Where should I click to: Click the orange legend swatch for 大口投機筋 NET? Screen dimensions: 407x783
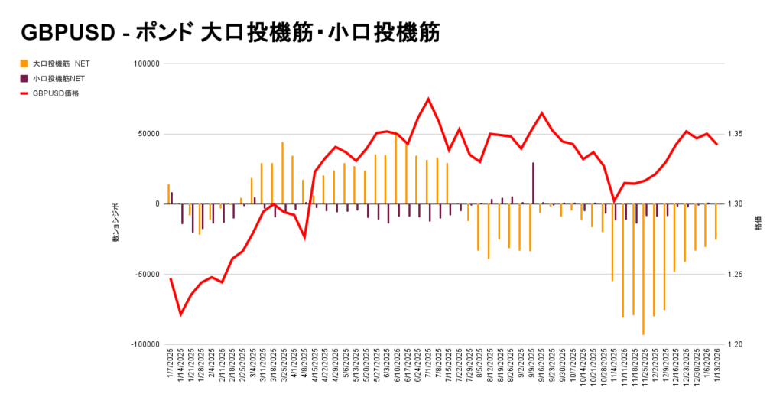pyautogui.click(x=24, y=63)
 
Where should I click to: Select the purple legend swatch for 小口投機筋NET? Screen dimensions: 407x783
pyautogui.click(x=24, y=78)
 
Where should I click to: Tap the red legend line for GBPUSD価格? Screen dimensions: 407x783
pyautogui.click(x=24, y=93)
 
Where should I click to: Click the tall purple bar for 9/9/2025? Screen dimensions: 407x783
pyautogui.click(x=533, y=183)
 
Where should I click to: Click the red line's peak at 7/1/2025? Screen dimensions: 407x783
pyautogui.click(x=428, y=99)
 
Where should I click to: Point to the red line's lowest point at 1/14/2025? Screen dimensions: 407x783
pyautogui.click(x=181, y=314)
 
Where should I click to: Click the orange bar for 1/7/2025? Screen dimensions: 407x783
pyautogui.click(x=168, y=194)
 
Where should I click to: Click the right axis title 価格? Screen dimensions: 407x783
pyautogui.click(x=758, y=226)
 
